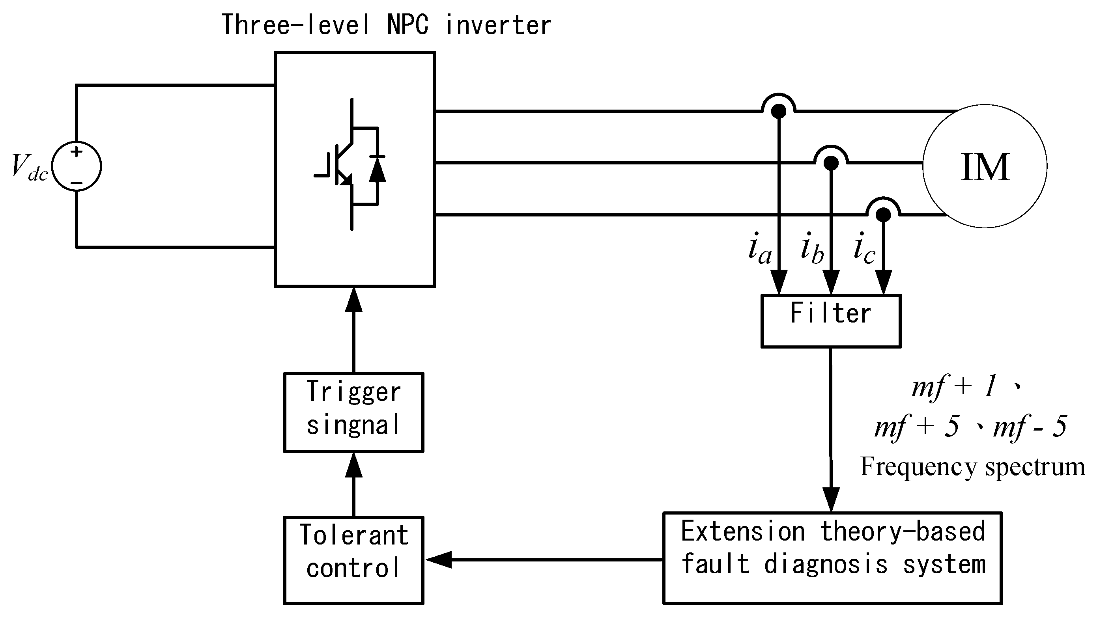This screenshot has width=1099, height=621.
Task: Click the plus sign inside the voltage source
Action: tap(77, 152)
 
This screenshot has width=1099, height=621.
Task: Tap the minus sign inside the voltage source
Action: tap(77, 183)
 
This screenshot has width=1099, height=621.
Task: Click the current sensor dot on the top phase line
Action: tap(779, 111)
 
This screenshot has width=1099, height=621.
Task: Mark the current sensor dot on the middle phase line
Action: tap(831, 163)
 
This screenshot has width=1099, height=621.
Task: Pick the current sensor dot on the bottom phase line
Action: tap(883, 214)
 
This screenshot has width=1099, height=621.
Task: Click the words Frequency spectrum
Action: tap(973, 467)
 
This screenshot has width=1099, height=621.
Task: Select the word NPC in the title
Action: tap(407, 25)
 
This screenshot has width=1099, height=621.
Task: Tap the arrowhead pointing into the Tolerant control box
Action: tap(439, 559)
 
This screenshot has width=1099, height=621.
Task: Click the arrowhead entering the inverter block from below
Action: tap(354, 299)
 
